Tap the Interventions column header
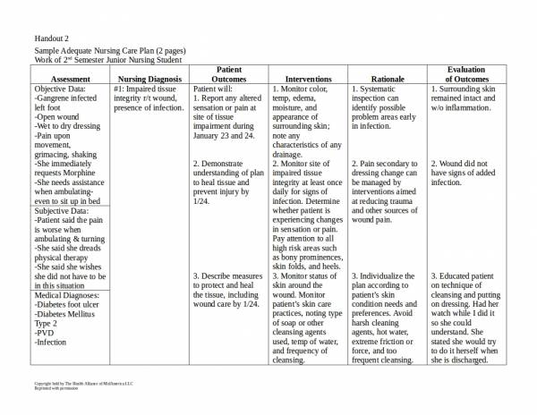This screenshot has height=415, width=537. click(307, 80)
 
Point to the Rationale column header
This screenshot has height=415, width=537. click(386, 80)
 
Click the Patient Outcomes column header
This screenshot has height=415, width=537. click(228, 74)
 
